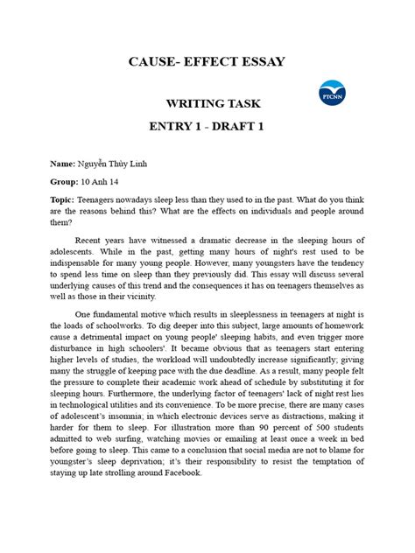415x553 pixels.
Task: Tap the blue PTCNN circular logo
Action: pos(334,95)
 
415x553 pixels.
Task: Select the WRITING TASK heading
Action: pos(207,104)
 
